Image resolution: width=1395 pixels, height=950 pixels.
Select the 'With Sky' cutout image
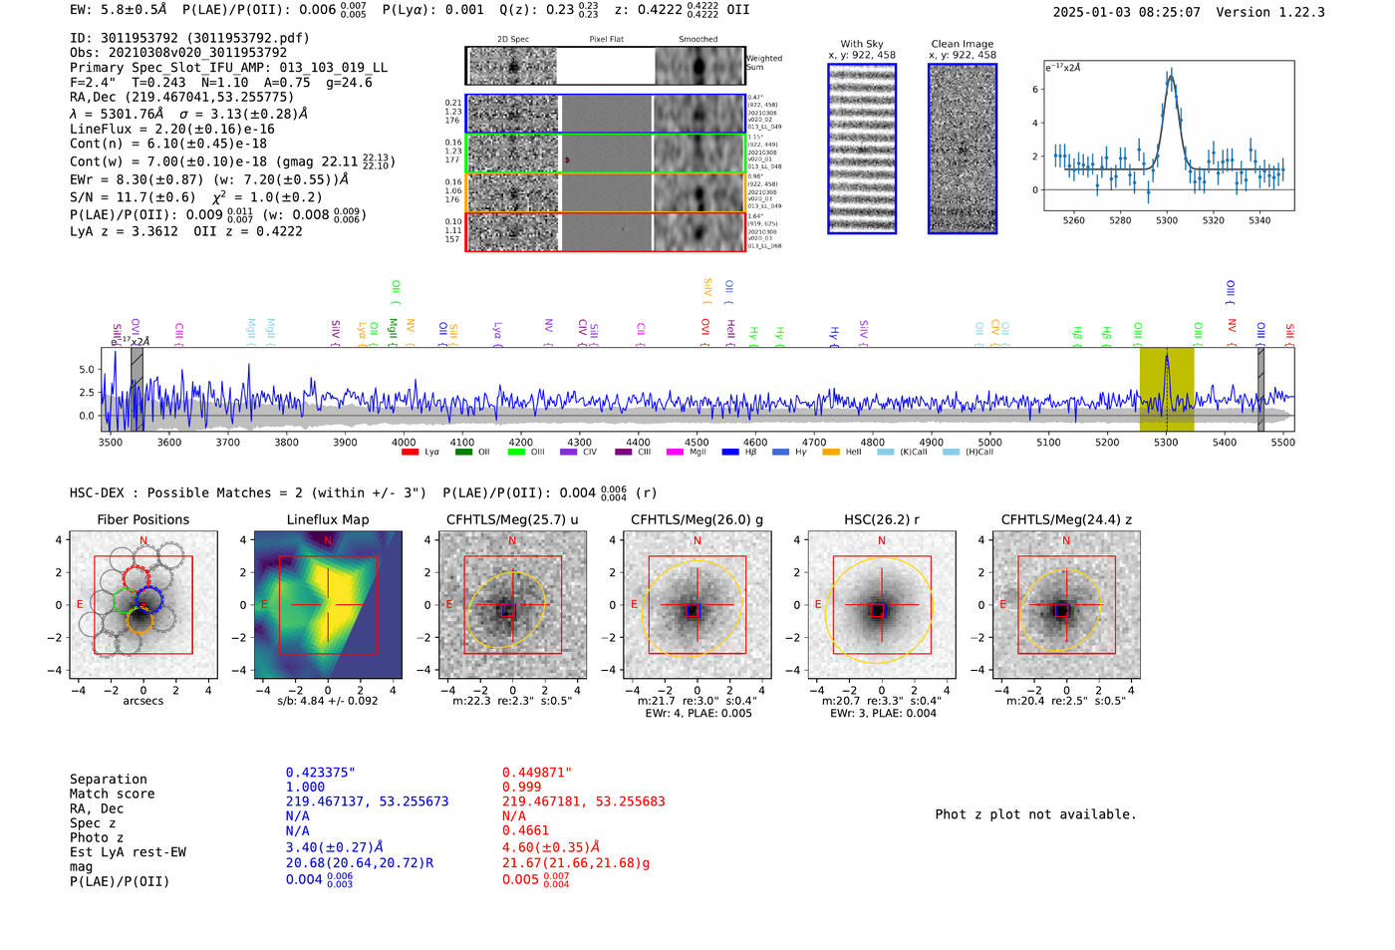tap(862, 149)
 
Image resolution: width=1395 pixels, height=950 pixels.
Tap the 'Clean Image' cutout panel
tap(962, 149)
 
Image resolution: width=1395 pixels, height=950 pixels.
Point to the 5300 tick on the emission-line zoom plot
tap(1167, 220)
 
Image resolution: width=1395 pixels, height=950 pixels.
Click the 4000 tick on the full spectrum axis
tap(404, 443)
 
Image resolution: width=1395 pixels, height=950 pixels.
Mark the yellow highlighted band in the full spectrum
tap(1167, 389)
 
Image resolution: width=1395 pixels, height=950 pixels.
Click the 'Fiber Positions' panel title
tap(142, 519)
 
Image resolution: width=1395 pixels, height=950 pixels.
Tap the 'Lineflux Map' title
tap(328, 519)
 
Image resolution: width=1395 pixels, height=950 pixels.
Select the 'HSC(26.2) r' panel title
tap(881, 519)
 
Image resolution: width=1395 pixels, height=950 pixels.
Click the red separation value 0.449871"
tap(537, 773)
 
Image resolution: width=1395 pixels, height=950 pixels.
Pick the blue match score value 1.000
tap(305, 787)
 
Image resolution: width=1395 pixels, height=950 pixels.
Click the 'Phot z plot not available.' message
tap(1035, 814)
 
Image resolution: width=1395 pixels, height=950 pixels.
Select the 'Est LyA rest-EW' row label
tap(128, 852)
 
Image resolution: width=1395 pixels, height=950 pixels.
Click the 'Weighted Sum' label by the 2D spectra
tap(764, 63)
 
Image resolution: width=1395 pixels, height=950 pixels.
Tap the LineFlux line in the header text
tap(171, 129)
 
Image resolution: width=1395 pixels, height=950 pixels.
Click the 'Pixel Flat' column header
tap(606, 40)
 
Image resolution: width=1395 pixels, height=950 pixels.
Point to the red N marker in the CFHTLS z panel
tap(1066, 540)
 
